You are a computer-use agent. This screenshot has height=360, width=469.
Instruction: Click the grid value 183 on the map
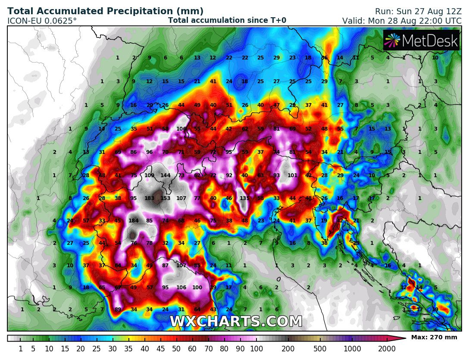click(x=150, y=198)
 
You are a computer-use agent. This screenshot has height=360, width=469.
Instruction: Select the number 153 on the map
click(x=166, y=198)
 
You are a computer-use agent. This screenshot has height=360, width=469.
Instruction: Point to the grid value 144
click(x=166, y=175)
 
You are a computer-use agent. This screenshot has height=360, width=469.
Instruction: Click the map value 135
click(x=245, y=198)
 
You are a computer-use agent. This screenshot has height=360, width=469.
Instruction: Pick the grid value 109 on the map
click(x=150, y=175)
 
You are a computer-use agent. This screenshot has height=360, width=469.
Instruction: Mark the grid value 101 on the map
click(x=293, y=175)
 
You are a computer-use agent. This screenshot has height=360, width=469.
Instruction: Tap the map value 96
click(x=150, y=152)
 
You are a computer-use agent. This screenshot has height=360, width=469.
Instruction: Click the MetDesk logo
click(x=421, y=41)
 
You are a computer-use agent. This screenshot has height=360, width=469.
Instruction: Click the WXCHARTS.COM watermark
click(x=236, y=322)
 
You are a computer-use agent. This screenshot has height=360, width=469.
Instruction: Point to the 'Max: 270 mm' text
click(x=434, y=338)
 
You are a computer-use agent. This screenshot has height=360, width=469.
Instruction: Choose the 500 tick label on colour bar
click(x=320, y=349)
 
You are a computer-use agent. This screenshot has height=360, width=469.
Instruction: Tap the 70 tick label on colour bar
click(x=208, y=349)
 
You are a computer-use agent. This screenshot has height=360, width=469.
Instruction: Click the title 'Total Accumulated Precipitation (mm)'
click(x=105, y=11)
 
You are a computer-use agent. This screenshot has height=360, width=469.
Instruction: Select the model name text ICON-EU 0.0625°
click(x=42, y=20)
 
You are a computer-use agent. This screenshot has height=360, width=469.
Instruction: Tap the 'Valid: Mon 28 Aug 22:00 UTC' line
click(x=402, y=20)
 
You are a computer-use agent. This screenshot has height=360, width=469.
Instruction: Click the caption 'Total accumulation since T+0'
click(x=227, y=20)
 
